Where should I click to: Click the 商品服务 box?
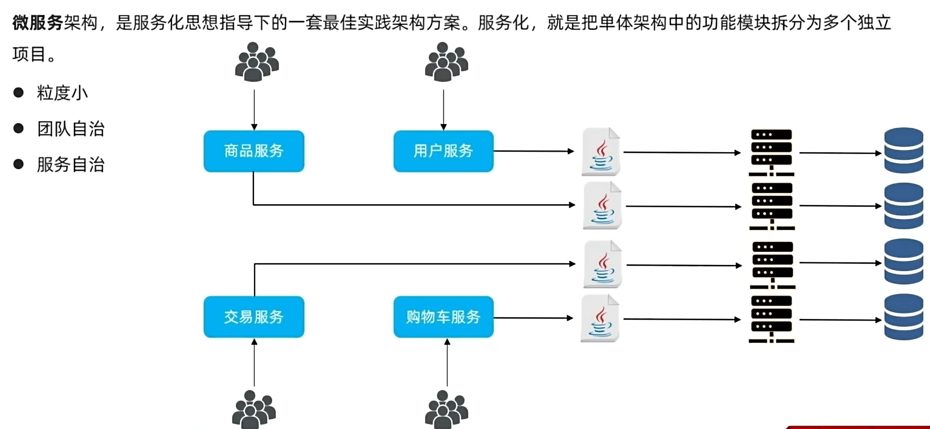(x=254, y=151)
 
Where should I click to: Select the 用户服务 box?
(x=443, y=151)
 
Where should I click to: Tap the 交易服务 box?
(x=254, y=317)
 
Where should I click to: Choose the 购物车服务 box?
(x=443, y=317)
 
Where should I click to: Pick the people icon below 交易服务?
(x=254, y=409)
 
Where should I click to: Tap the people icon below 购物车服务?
(x=446, y=409)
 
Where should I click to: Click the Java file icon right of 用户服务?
(x=601, y=152)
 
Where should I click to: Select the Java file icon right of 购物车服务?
(x=600, y=319)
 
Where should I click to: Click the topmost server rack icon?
(x=771, y=152)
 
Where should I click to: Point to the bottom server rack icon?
(x=771, y=319)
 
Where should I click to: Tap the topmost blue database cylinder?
(x=903, y=150)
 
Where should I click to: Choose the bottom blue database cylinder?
(x=903, y=317)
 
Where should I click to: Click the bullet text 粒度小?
(x=62, y=93)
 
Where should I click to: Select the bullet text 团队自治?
(x=71, y=129)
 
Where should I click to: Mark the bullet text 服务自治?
(x=71, y=165)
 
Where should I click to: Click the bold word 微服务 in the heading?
(x=38, y=23)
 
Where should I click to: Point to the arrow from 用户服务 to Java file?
(x=533, y=151)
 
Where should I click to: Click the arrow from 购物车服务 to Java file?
(x=533, y=318)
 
